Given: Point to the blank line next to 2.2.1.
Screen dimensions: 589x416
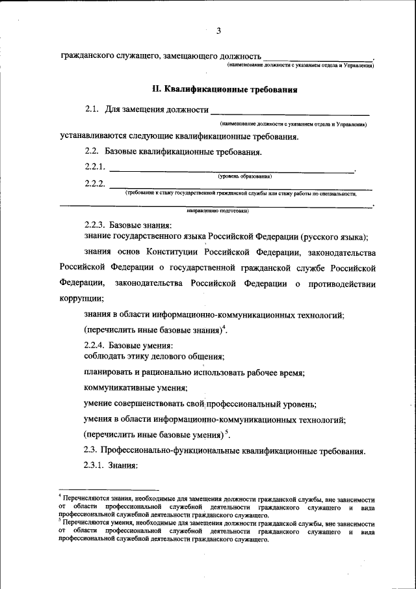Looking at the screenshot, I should (231, 171).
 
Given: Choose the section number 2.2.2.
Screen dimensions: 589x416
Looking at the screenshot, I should (95, 184).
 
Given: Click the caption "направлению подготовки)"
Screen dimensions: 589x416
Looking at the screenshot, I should (218, 211).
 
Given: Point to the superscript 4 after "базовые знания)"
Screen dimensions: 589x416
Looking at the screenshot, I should (223, 327).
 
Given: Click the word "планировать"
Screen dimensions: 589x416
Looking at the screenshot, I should (109, 373).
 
